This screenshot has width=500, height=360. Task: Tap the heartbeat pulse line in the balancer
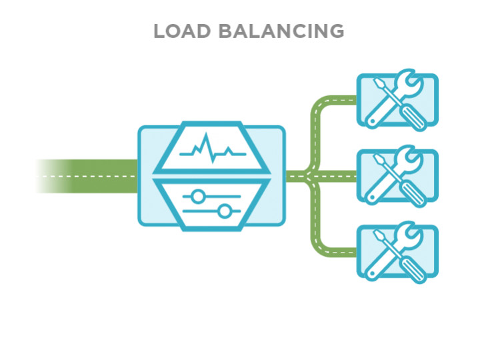pyautogui.click(x=212, y=147)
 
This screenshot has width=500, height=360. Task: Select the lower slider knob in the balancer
pyautogui.click(x=225, y=212)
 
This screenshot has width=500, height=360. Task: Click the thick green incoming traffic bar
pyautogui.click(x=85, y=176)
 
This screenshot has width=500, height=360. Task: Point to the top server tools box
pyautogui.click(x=398, y=101)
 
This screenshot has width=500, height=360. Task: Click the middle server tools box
pyautogui.click(x=398, y=176)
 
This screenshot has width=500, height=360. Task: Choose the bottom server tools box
pyautogui.click(x=398, y=252)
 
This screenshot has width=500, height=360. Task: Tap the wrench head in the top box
pyautogui.click(x=409, y=86)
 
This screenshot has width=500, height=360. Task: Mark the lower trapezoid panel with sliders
pyautogui.click(x=212, y=204)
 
